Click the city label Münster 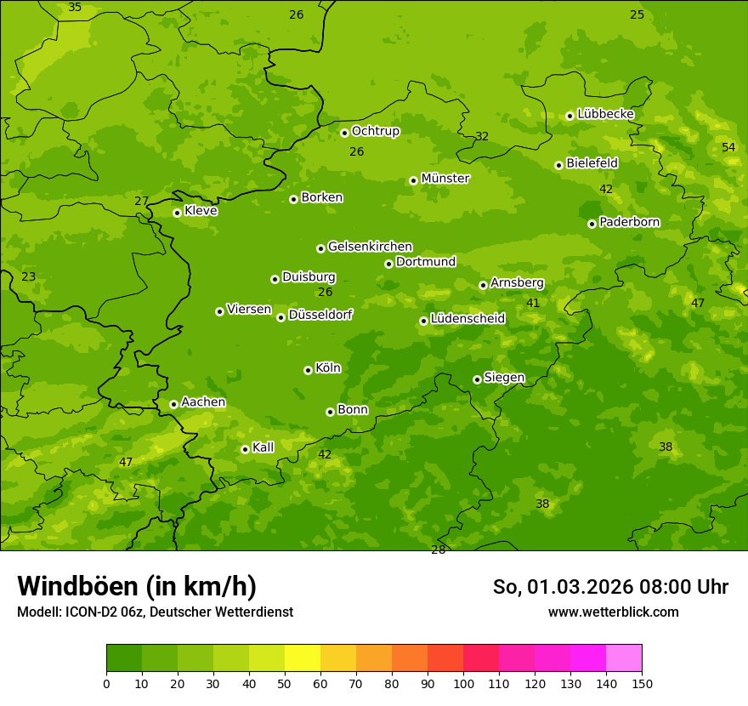(x=445, y=179)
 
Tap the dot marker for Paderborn (x=592, y=224)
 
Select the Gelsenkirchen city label (x=370, y=247)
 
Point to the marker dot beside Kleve (x=177, y=213)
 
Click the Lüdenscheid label (x=467, y=319)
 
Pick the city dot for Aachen (x=173, y=404)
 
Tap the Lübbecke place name (x=605, y=114)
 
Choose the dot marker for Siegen (x=477, y=379)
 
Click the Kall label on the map (x=263, y=447)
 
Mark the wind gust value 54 (x=728, y=147)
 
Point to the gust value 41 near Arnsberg (x=533, y=303)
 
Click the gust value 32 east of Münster (x=482, y=136)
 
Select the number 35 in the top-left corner (x=75, y=7)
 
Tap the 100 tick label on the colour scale (x=463, y=683)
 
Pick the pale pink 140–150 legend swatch (x=624, y=658)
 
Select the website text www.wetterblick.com (x=613, y=612)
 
